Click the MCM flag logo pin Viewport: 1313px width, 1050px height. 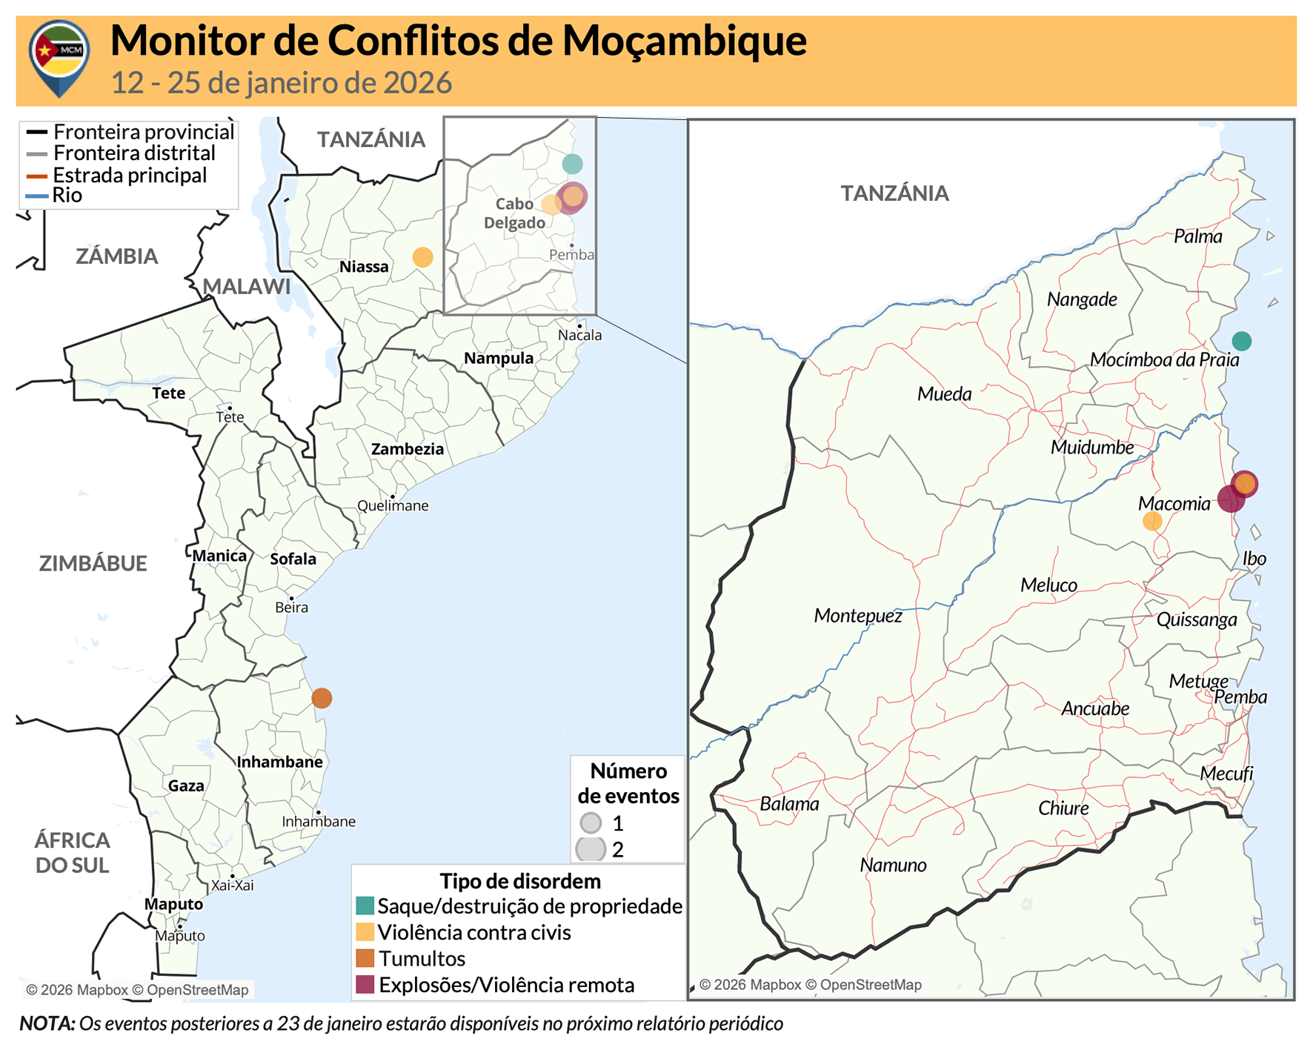pyautogui.click(x=59, y=56)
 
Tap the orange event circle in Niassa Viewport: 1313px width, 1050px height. pyautogui.click(x=422, y=257)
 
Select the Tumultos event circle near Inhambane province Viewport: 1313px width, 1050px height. pyautogui.click(x=322, y=698)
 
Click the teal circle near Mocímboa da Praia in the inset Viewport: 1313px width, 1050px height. pyautogui.click(x=1242, y=341)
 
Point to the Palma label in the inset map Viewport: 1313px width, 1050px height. pyautogui.click(x=1197, y=236)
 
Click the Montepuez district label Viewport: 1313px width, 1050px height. pyautogui.click(x=857, y=616)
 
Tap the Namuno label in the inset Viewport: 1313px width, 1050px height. pyautogui.click(x=893, y=865)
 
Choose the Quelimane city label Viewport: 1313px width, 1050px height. pyautogui.click(x=393, y=506)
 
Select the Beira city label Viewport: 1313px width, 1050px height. pyautogui.click(x=291, y=608)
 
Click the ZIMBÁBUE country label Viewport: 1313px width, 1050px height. pyautogui.click(x=93, y=564)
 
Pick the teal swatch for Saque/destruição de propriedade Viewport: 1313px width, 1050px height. pyautogui.click(x=365, y=906)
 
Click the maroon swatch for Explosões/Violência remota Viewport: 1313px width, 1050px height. pyautogui.click(x=365, y=985)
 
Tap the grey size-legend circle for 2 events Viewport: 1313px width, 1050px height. pyautogui.click(x=591, y=849)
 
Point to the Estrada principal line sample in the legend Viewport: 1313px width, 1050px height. pyautogui.click(x=37, y=176)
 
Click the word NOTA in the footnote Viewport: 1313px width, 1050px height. pyautogui.click(x=47, y=1024)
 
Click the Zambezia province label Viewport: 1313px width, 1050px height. pyautogui.click(x=408, y=449)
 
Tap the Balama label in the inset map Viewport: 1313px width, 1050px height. pyautogui.click(x=789, y=804)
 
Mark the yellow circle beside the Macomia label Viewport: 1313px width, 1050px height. pyautogui.click(x=1152, y=521)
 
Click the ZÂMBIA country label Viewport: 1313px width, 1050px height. pyautogui.click(x=117, y=256)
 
